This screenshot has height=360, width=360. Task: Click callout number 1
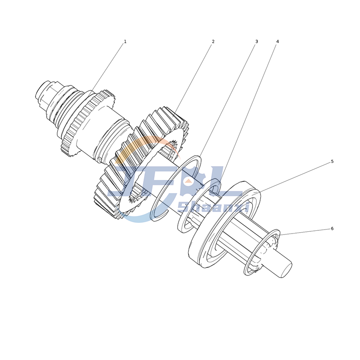point(125,41)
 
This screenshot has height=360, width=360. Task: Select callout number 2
point(213,41)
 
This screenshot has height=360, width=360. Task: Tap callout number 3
point(256,41)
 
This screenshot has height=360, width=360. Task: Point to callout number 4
point(277,41)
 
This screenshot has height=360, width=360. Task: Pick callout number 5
point(332,161)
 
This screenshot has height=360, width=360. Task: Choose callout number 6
point(332,229)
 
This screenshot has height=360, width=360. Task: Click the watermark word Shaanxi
point(214,207)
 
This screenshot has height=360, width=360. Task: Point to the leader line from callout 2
point(193,76)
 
